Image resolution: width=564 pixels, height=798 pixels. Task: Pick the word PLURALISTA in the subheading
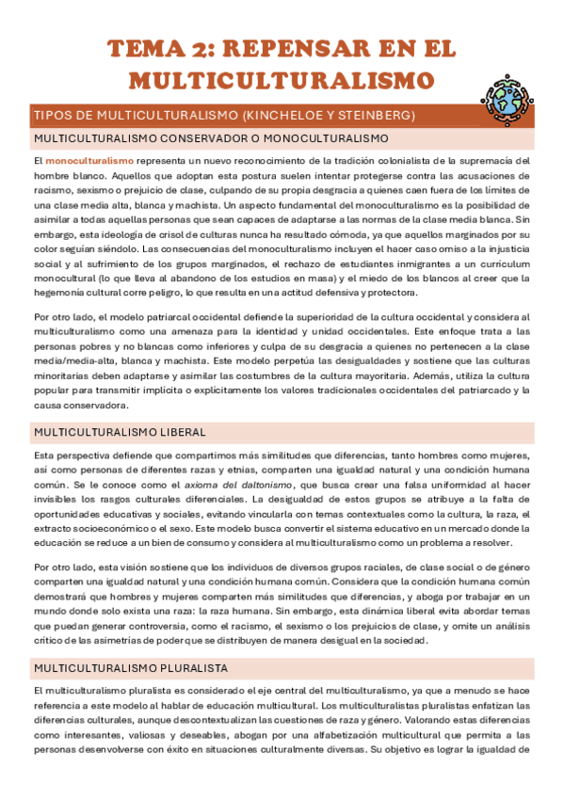click(x=190, y=641)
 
